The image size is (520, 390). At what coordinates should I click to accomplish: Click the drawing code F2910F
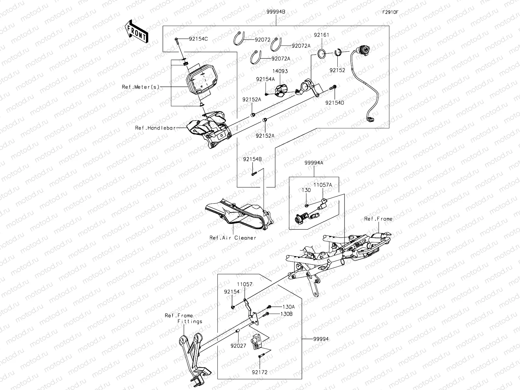(390, 12)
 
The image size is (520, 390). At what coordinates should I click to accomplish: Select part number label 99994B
(276, 12)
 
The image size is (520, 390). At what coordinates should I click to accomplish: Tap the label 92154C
(198, 39)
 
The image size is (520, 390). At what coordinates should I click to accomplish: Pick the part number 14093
(280, 71)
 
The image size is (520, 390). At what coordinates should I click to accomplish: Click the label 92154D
(335, 102)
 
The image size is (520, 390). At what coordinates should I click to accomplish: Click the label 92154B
(252, 159)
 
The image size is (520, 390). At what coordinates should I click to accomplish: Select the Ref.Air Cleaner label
(233, 238)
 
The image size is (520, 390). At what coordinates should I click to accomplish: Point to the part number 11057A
(322, 185)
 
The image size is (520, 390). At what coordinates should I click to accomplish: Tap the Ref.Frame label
(378, 219)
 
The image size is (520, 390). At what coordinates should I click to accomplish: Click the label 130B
(287, 314)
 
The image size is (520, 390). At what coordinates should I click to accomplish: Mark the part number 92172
(259, 372)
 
